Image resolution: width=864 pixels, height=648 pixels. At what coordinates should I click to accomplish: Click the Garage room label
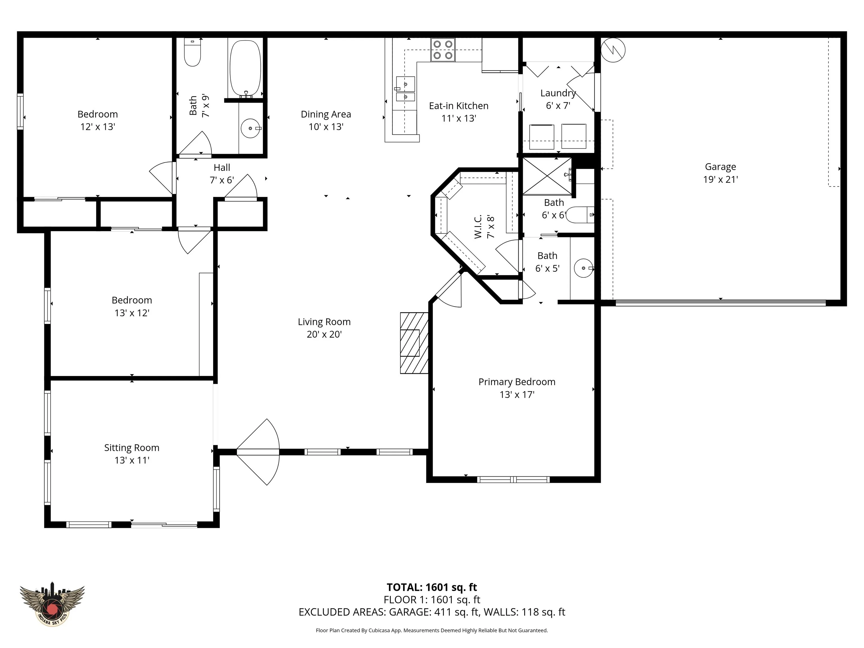pos(720,173)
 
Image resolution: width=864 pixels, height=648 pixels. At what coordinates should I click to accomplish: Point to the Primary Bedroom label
pos(517,388)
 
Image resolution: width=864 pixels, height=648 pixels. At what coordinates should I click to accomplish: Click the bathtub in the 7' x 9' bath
pos(245,68)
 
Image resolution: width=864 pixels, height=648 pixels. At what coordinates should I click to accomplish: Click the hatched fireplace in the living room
pos(414,343)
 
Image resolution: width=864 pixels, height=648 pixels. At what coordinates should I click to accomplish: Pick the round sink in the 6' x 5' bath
pos(584,268)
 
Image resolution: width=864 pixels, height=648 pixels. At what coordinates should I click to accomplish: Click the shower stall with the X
pos(547,176)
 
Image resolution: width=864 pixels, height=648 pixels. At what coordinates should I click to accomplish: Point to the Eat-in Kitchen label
pos(458,112)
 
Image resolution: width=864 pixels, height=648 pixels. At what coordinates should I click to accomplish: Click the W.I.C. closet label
pos(484,226)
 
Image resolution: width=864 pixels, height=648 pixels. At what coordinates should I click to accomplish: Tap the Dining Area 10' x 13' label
pos(326,120)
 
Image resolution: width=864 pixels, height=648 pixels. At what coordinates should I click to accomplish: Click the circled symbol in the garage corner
pos(613,50)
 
